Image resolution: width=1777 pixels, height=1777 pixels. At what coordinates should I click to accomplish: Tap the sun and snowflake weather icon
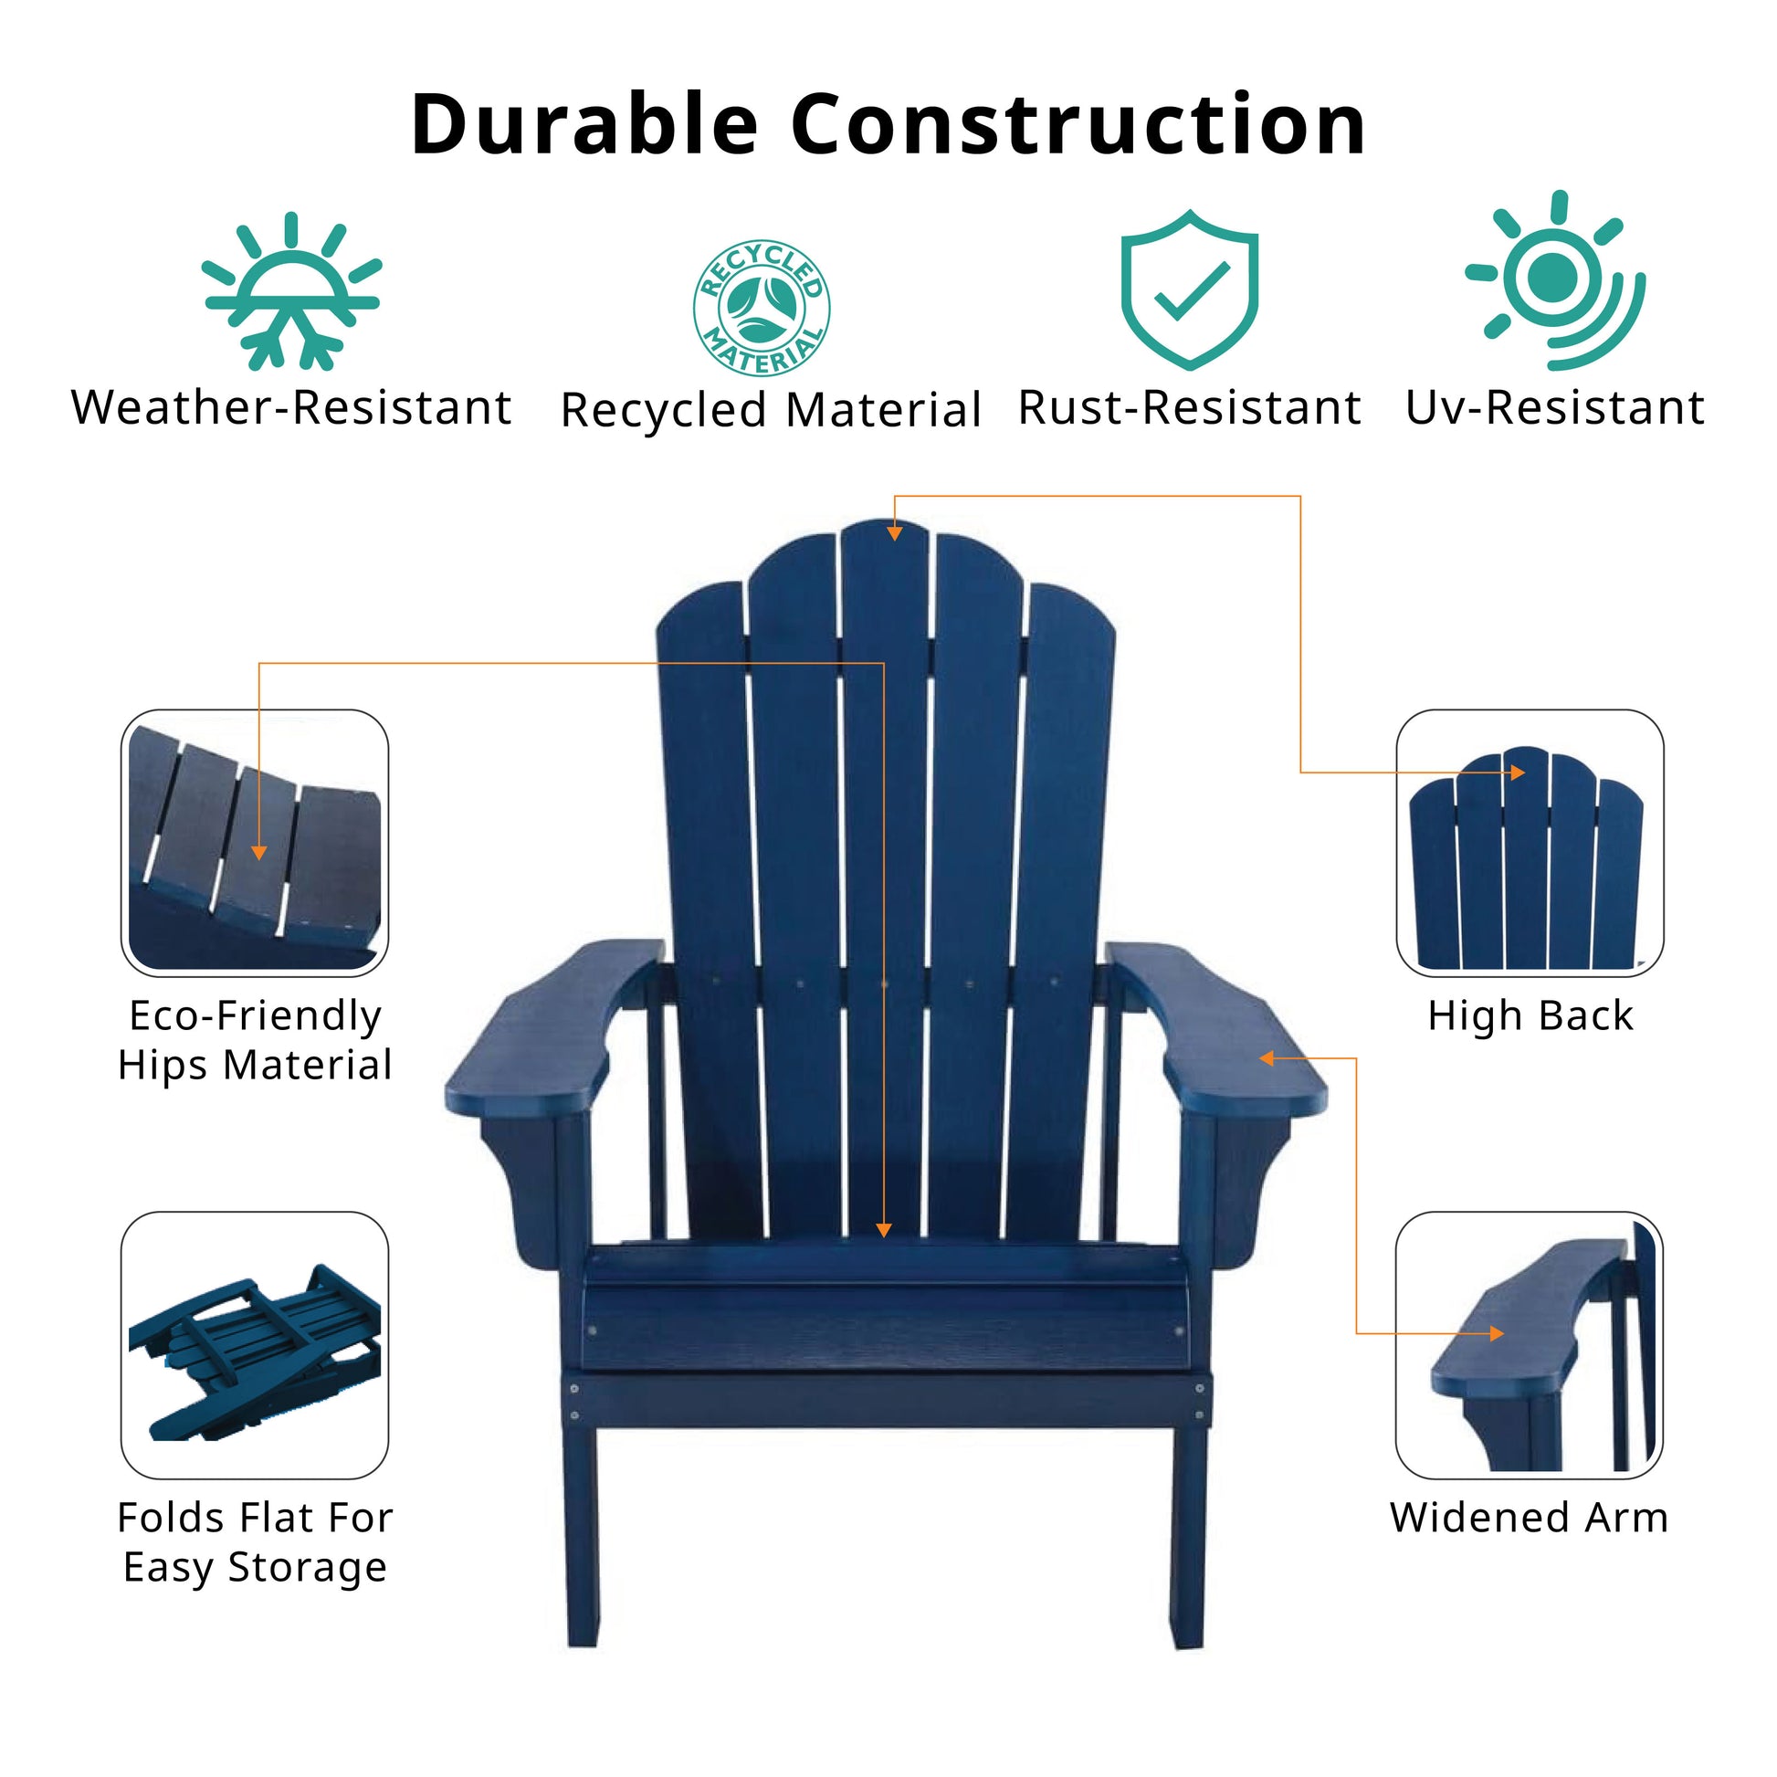[x=291, y=292]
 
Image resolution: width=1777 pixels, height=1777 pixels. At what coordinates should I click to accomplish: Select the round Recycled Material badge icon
[x=761, y=307]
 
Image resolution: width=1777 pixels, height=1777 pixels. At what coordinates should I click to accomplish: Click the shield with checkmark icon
[x=1189, y=289]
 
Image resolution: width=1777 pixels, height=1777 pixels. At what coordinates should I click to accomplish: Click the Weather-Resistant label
[x=291, y=407]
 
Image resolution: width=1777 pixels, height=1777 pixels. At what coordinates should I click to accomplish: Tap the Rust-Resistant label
[x=1189, y=407]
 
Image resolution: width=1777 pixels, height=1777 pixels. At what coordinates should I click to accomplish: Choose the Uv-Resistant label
[x=1554, y=407]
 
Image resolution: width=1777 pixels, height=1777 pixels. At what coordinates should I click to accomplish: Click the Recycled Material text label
[x=771, y=410]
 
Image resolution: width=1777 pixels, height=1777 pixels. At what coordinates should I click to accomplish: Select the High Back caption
[x=1530, y=1016]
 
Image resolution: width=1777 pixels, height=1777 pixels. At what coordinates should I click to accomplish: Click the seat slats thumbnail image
[x=255, y=843]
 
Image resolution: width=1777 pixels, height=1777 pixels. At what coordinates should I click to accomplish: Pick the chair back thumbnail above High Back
[x=1529, y=843]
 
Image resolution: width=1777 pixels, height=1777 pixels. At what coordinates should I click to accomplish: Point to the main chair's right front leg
[x=1187, y=1536]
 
